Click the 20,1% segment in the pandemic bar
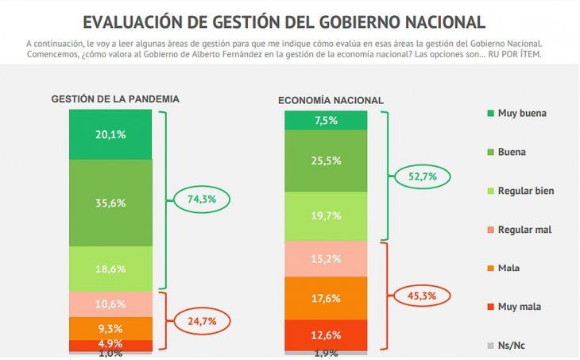click(x=110, y=134)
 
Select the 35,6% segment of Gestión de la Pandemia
click(x=110, y=203)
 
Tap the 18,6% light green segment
click(x=110, y=269)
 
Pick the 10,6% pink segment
click(x=110, y=304)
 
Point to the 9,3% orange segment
click(x=110, y=327)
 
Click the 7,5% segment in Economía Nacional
click(x=326, y=120)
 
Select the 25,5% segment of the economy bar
click(x=326, y=161)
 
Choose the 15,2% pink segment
click(x=326, y=257)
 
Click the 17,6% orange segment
click(x=326, y=298)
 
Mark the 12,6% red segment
click(x=326, y=334)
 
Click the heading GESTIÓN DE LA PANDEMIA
click(x=115, y=99)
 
